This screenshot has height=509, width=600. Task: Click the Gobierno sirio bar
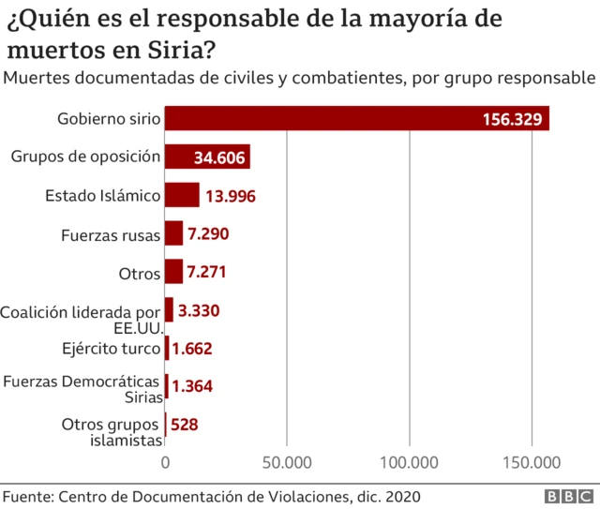click(356, 118)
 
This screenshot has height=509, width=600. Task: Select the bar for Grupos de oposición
click(207, 157)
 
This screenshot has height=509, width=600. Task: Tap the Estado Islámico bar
click(182, 195)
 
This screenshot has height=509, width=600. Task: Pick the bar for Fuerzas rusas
click(173, 233)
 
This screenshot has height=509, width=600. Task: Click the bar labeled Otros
click(173, 272)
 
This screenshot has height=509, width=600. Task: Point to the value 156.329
click(513, 119)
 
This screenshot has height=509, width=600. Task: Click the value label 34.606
click(219, 157)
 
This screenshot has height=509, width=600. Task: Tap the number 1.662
click(192, 349)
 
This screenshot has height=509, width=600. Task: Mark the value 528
click(185, 425)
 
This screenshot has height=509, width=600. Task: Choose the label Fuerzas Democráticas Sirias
click(82, 388)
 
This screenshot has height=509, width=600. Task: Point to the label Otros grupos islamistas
click(111, 432)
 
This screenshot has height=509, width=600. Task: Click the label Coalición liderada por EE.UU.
click(82, 319)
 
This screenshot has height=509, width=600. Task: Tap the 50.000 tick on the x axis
click(287, 461)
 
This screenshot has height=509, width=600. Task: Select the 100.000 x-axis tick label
click(410, 461)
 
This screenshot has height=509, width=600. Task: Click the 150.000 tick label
click(532, 461)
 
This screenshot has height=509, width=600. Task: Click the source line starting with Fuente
click(211, 495)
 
